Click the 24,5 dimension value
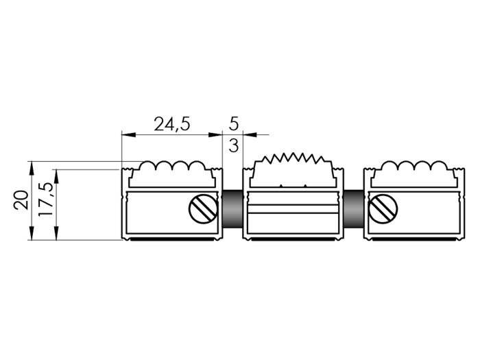171,125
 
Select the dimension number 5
234,123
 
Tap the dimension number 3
234,145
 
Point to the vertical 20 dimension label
21,200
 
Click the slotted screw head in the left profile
204,209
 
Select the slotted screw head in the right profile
384,209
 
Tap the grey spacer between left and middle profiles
232,209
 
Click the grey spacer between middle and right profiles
354,209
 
